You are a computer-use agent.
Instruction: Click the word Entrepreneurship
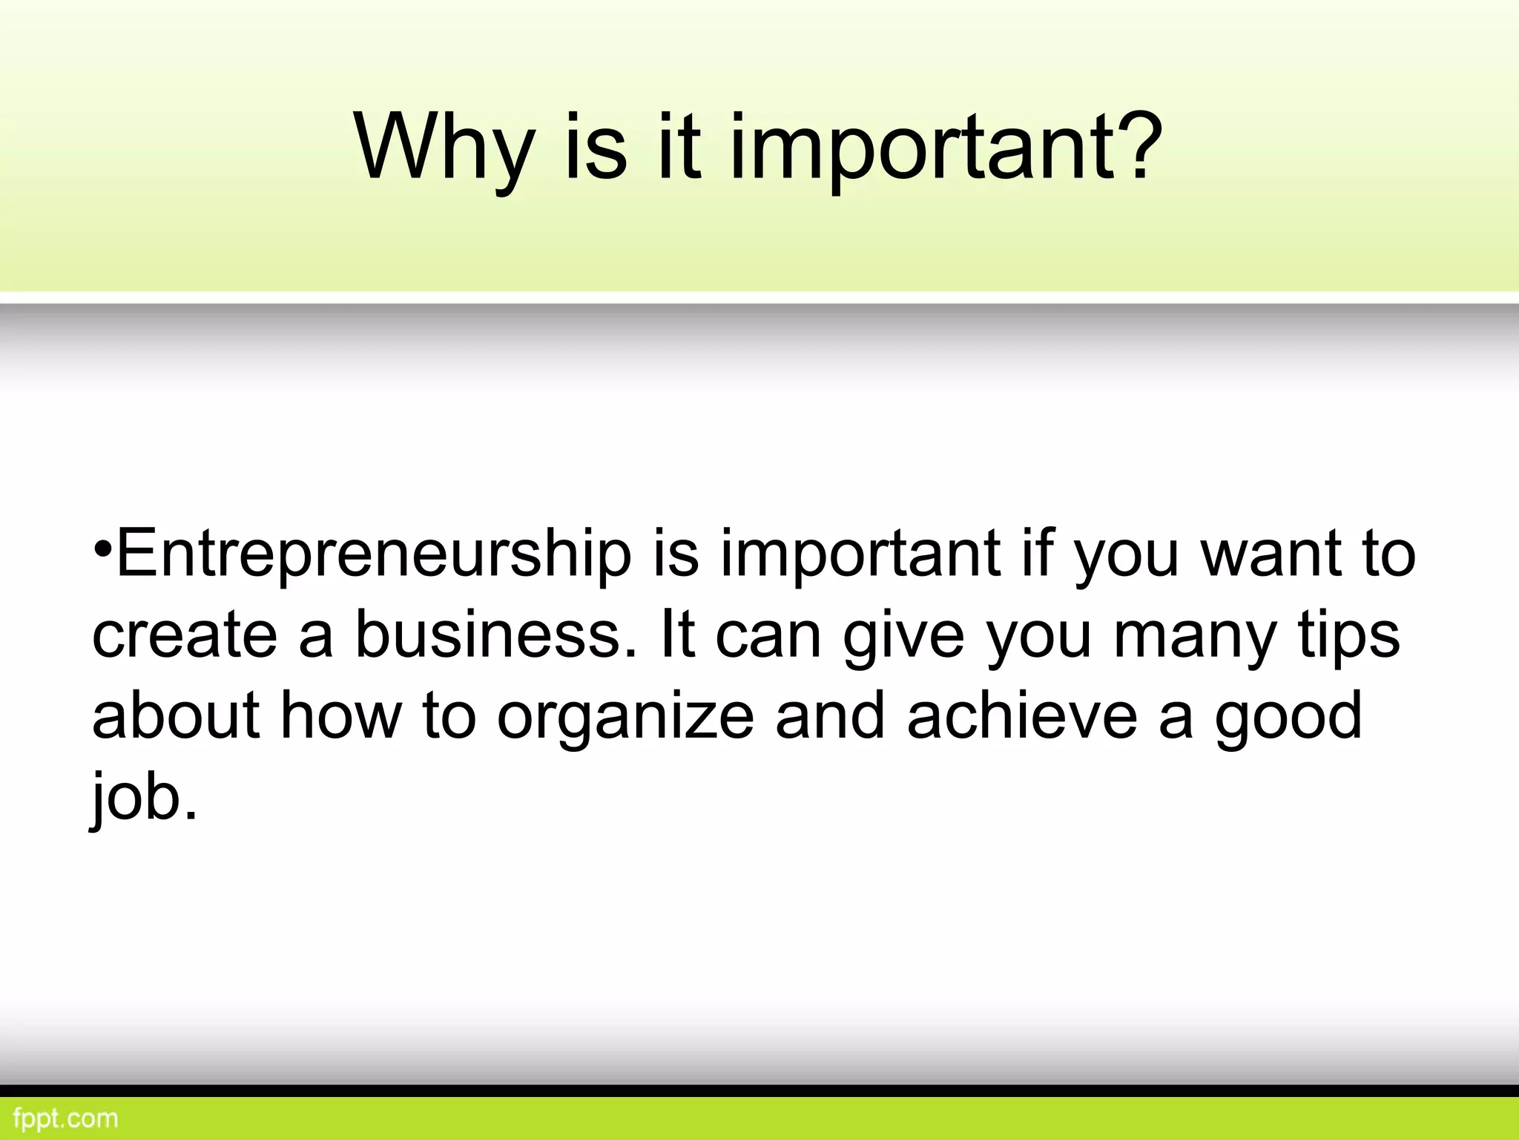tap(374, 554)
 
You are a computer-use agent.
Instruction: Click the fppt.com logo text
tap(65, 1118)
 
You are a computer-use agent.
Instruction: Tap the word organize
tap(625, 718)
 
